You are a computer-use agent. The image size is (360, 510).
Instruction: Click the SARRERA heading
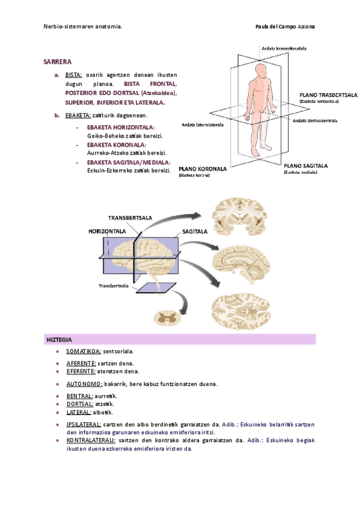tap(58, 61)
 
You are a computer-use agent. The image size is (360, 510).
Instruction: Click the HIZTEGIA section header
tap(59, 340)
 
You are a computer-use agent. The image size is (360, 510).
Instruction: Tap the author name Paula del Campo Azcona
tap(285, 27)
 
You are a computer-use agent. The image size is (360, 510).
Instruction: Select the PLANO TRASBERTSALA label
tap(328, 95)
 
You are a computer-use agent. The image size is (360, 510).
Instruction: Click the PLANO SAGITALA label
tap(305, 165)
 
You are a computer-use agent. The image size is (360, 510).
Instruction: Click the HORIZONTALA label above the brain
tap(107, 231)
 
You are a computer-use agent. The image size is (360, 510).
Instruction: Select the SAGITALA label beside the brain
tap(195, 231)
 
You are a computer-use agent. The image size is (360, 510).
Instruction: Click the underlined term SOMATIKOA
tap(84, 351)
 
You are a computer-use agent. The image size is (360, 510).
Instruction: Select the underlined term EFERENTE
tap(81, 371)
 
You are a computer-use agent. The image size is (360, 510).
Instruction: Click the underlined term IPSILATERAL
tap(84, 425)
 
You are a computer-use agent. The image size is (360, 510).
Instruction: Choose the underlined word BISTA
tap(73, 75)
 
